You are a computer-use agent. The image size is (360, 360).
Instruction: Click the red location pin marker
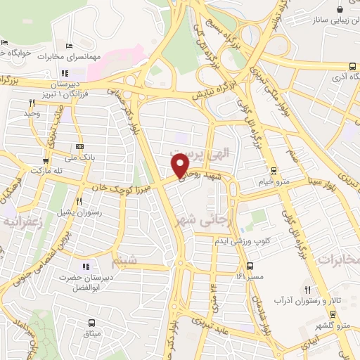tap(181, 165)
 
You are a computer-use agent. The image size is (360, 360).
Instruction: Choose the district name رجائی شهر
tap(217, 210)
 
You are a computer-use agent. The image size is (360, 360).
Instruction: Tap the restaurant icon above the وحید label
tap(32, 103)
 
